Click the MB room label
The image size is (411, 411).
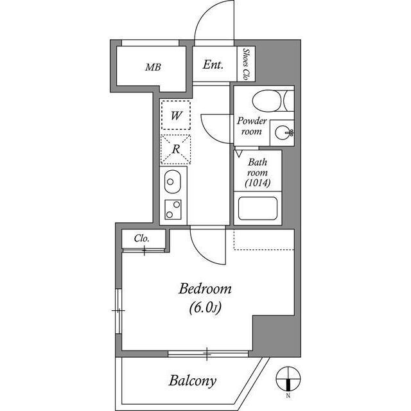click(x=152, y=67)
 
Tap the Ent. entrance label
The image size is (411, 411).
click(x=213, y=65)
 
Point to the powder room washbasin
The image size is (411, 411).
click(x=282, y=133)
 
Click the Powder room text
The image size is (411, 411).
click(x=251, y=126)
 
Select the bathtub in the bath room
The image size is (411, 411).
click(x=258, y=209)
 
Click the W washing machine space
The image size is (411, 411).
click(x=176, y=116)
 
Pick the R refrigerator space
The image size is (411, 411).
click(x=176, y=149)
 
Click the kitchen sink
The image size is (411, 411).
click(x=173, y=182)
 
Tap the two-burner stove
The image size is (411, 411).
click(x=173, y=209)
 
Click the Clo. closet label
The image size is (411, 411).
click(x=142, y=238)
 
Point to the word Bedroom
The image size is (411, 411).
click(x=205, y=289)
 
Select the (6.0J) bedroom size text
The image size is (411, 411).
click(x=205, y=309)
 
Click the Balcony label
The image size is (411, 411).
click(x=192, y=380)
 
